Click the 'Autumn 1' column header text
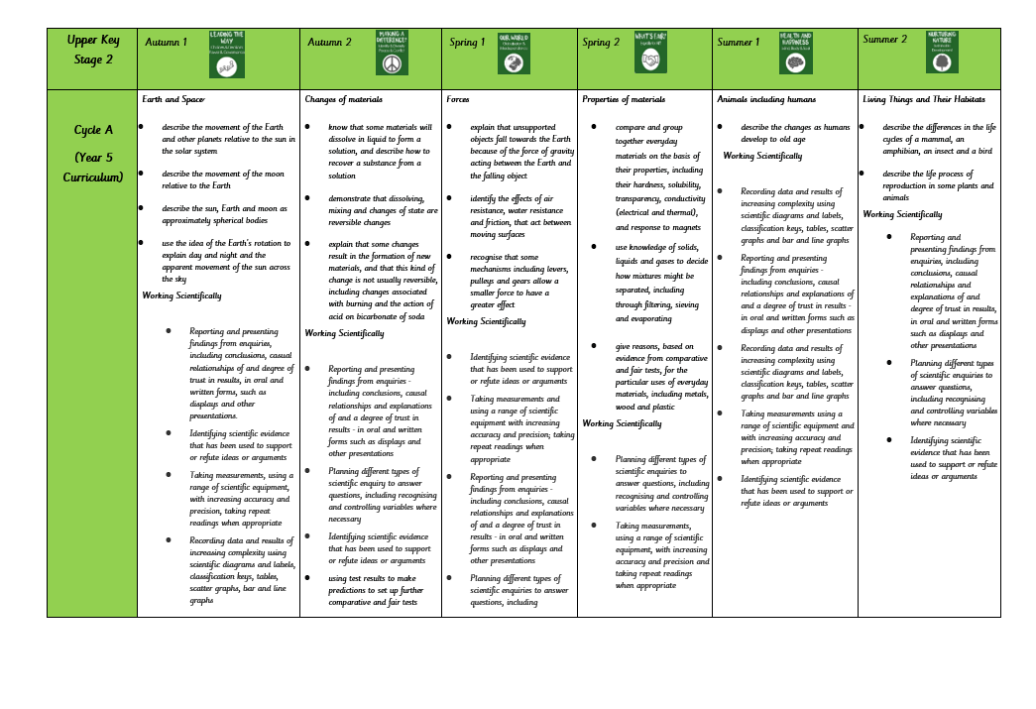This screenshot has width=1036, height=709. pyautogui.click(x=166, y=43)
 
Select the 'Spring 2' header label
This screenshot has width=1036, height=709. pyautogui.click(x=603, y=43)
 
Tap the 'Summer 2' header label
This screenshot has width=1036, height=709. pyautogui.click(x=884, y=40)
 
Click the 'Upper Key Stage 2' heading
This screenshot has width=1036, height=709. pyautogui.click(x=92, y=50)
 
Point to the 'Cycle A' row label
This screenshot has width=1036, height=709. pyautogui.click(x=93, y=130)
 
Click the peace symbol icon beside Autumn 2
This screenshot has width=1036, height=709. pyautogui.click(x=392, y=62)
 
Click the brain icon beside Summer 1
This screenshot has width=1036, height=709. pyautogui.click(x=794, y=62)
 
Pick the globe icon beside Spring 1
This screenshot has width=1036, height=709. pyautogui.click(x=513, y=62)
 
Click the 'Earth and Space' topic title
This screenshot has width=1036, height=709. pyautogui.click(x=173, y=99)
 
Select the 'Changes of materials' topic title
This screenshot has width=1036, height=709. pyautogui.click(x=343, y=99)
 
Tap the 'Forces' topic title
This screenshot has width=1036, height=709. pyautogui.click(x=458, y=99)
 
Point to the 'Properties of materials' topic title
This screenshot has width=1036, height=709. pyautogui.click(x=624, y=99)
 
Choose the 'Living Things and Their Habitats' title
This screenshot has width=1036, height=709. pyautogui.click(x=923, y=99)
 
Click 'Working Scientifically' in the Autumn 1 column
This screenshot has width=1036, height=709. pyautogui.click(x=181, y=295)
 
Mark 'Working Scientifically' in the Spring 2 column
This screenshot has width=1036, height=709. pyautogui.click(x=622, y=423)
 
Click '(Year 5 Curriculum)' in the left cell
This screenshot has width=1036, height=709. pyautogui.click(x=93, y=167)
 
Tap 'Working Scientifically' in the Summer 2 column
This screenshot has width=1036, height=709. pyautogui.click(x=902, y=214)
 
